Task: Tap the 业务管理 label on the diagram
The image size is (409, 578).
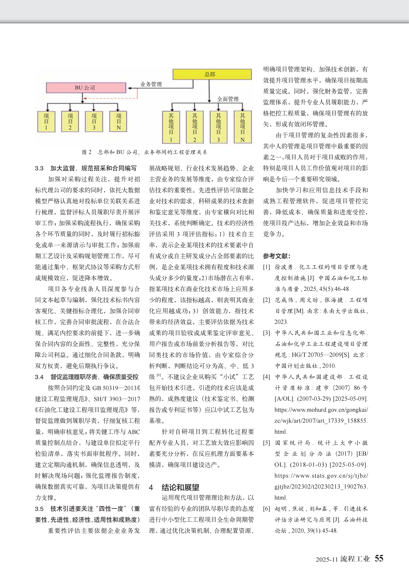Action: [151, 84]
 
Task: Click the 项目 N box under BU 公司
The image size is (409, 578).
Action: [118, 121]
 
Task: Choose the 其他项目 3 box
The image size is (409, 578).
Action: [218, 127]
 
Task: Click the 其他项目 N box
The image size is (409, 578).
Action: [242, 127]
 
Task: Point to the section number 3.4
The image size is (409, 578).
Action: [39, 377]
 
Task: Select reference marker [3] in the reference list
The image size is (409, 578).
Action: [266, 333]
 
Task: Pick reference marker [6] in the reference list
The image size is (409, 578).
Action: [266, 509]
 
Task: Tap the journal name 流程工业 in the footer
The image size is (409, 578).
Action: [355, 559]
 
